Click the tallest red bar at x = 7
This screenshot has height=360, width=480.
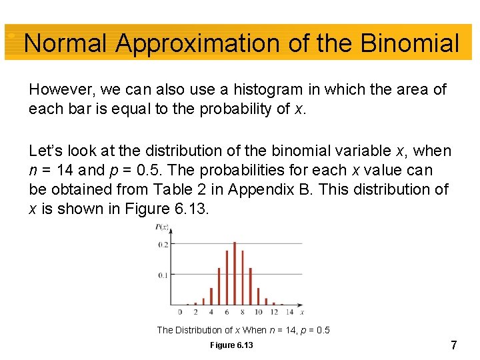tap(234, 273)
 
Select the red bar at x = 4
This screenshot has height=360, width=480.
tap(211, 296)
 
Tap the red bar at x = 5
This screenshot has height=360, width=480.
tap(219, 286)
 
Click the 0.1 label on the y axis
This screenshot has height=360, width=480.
tap(163, 275)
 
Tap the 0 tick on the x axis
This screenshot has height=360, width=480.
tap(181, 312)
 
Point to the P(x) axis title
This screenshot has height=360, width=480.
tap(162, 228)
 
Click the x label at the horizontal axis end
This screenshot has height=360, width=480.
tap(302, 311)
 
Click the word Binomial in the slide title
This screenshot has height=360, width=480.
tap(409, 44)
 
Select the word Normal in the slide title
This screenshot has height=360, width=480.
tap(65, 44)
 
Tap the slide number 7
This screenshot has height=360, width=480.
tap(453, 345)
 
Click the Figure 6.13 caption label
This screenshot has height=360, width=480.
tap(231, 345)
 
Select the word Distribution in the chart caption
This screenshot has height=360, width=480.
tap(199, 330)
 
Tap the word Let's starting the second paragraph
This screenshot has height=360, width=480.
tap(45, 151)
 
